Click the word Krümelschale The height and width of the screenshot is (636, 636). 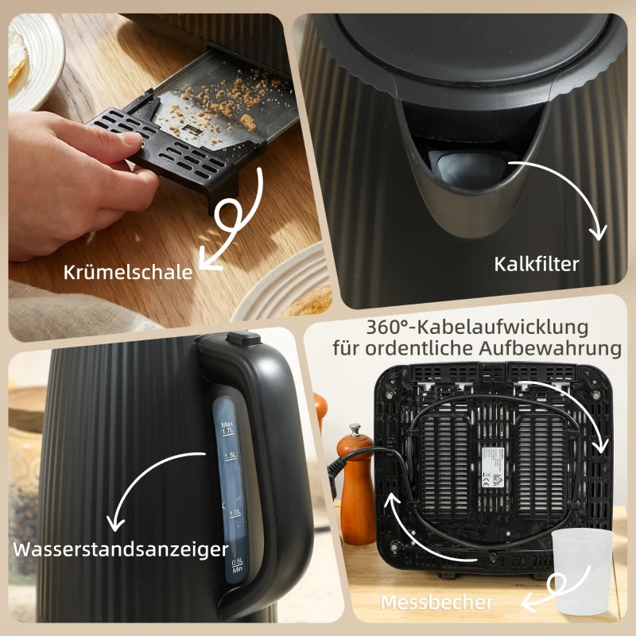tap(128, 272)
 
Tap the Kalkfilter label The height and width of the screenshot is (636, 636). tap(536, 264)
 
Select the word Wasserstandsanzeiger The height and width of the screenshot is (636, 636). tap(120, 549)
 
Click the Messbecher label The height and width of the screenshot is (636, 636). tap(436, 602)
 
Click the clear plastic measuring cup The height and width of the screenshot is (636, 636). tap(583, 570)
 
